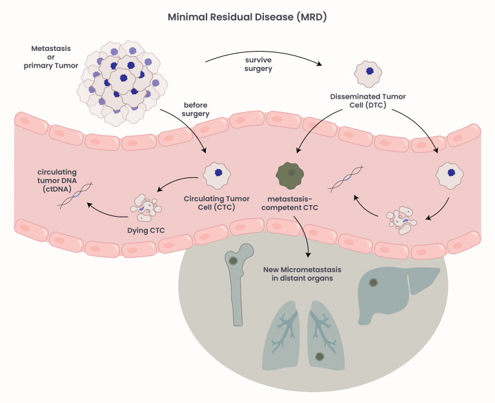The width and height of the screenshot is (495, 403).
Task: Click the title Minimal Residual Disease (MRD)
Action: (x=247, y=17)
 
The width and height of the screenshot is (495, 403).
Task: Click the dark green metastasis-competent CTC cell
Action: (x=291, y=173)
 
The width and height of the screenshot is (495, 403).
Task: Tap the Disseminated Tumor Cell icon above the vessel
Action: (x=369, y=74)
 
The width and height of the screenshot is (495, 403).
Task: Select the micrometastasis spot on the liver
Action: (x=373, y=282)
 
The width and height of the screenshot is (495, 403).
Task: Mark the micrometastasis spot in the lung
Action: (x=319, y=357)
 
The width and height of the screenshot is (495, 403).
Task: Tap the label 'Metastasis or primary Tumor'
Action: (x=50, y=56)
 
